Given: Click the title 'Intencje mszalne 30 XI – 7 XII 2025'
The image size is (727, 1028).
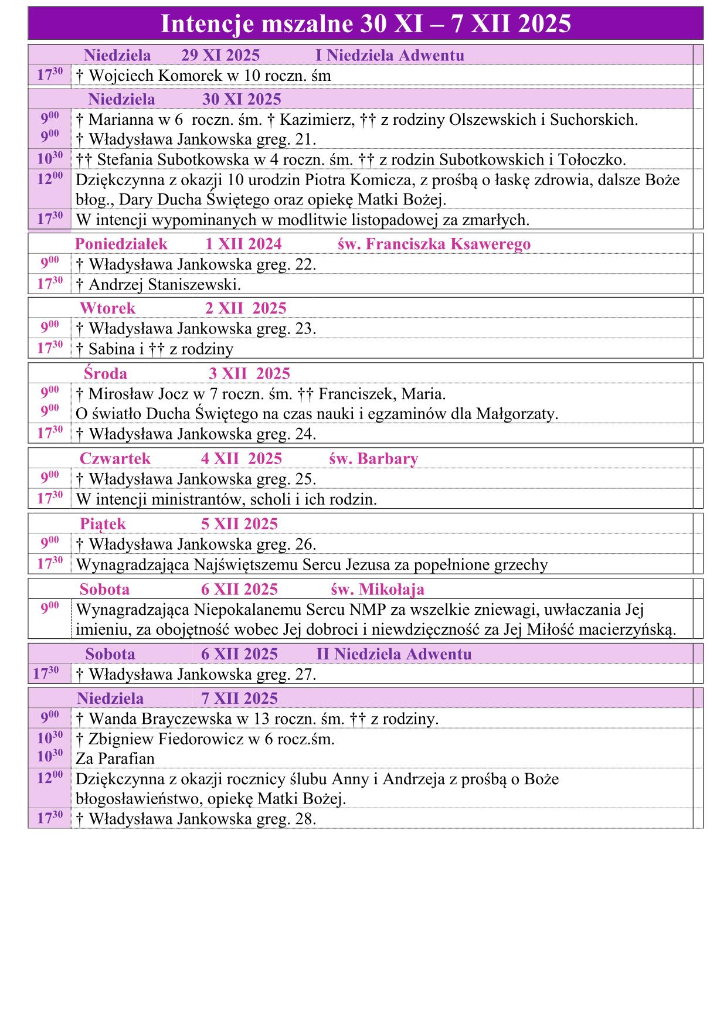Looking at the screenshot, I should pyautogui.click(x=365, y=24).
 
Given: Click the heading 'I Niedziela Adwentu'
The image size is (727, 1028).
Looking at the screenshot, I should pyautogui.click(x=389, y=56).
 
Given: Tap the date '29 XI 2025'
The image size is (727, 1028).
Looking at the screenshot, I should pyautogui.click(x=220, y=56).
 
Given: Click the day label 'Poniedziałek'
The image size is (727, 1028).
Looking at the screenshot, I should pyautogui.click(x=121, y=244).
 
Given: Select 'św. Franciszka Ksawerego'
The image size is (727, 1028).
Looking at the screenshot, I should pyautogui.click(x=434, y=244).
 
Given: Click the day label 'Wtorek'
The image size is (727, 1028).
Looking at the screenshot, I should pyautogui.click(x=107, y=308).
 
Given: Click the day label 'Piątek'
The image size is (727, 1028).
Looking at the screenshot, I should pyautogui.click(x=103, y=524).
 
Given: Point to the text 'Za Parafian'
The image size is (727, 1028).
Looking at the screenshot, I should pyautogui.click(x=115, y=759).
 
